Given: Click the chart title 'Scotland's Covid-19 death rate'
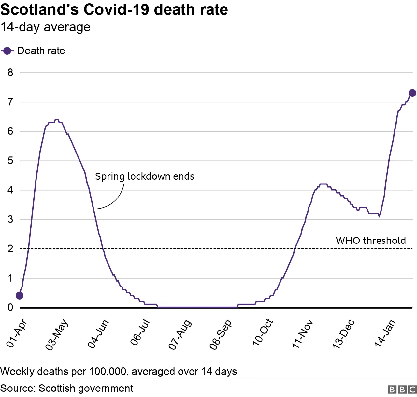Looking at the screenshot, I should tap(114, 10).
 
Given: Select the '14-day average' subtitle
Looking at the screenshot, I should tap(46, 27).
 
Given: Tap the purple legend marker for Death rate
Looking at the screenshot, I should tap(7, 51).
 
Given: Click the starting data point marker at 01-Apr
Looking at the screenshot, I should tap(20, 295).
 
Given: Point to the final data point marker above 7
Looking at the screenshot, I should tap(412, 93).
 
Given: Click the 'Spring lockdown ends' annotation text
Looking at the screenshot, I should tap(145, 176).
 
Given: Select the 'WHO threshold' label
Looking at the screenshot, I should tap(371, 241).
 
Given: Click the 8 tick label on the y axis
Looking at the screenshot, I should tap(10, 72).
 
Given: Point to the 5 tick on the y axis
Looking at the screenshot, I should tap(10, 161).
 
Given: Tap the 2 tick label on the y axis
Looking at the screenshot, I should tap(10, 249).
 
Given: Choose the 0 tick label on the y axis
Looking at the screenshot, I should tap(10, 307).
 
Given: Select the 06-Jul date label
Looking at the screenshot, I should tap(140, 332).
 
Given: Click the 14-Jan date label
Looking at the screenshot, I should tap(385, 333).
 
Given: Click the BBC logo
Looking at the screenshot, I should tap(402, 389).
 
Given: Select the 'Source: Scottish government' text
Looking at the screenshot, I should tap(67, 388).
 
